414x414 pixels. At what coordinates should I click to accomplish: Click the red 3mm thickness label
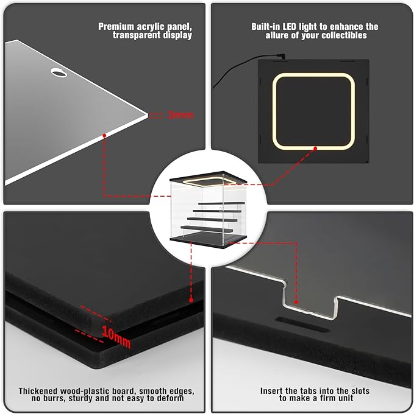[180, 115]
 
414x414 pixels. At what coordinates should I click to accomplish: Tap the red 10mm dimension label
[116, 337]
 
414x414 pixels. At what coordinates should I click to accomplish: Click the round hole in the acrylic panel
[59, 72]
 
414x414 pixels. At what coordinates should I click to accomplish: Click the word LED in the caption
[290, 27]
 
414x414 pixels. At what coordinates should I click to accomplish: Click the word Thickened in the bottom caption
[38, 391]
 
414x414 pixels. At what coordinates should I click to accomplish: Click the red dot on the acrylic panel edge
[104, 135]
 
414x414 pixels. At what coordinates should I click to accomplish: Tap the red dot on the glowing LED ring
[315, 149]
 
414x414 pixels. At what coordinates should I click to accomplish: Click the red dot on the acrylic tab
[296, 303]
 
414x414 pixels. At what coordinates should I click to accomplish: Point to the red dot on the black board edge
[191, 300]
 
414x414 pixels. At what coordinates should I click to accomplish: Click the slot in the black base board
[302, 325]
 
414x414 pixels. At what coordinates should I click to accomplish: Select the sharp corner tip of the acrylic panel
[148, 115]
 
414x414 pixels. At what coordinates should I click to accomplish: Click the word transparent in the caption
[137, 35]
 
